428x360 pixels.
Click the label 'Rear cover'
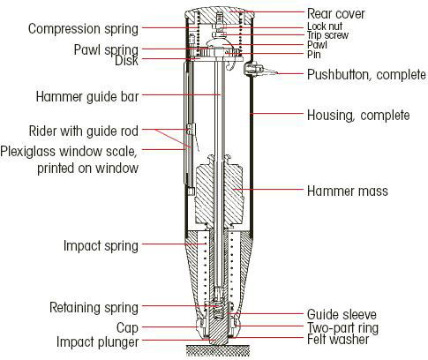click(335, 14)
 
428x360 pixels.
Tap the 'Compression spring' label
click(83, 29)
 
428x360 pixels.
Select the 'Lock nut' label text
click(325, 26)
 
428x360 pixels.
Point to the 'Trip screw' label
click(327, 35)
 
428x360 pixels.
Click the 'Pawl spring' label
click(106, 49)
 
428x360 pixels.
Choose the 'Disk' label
click(126, 61)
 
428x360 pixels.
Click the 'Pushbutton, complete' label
click(366, 75)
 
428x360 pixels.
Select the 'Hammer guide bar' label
click(87, 96)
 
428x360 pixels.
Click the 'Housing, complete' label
click(358, 115)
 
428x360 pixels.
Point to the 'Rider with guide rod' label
click(84, 131)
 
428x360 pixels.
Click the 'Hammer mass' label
click(348, 191)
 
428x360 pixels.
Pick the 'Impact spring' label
click(101, 245)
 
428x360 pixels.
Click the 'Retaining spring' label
click(94, 308)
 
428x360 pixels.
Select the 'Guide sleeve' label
click(342, 314)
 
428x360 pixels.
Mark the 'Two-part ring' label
click(342, 327)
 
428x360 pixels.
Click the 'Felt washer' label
click(338, 340)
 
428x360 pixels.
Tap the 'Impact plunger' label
click(97, 342)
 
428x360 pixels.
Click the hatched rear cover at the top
click(219, 15)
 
